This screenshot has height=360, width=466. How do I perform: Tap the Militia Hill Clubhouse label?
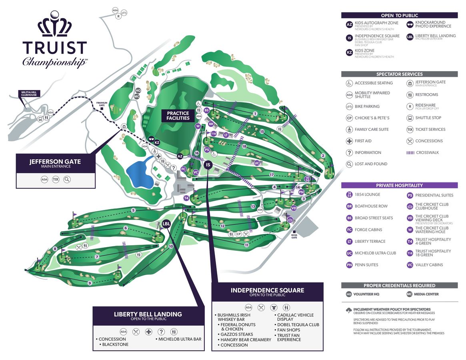(x=29, y=94)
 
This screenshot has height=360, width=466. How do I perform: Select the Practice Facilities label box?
(x=178, y=116)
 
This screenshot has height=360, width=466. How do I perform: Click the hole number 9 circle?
(x=90, y=283)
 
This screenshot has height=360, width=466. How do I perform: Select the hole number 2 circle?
(x=323, y=156)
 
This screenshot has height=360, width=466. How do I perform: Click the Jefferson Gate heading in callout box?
(x=55, y=162)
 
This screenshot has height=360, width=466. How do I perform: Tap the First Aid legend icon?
(x=349, y=141)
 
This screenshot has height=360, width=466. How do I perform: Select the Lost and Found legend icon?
(x=349, y=164)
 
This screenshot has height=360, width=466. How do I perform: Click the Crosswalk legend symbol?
(x=410, y=153)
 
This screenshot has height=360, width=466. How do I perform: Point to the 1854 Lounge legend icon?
(x=349, y=195)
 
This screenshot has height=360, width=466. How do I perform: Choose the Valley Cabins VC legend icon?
(x=410, y=265)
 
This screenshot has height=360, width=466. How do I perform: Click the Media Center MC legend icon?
(x=410, y=294)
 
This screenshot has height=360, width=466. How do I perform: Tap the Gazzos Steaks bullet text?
(x=237, y=334)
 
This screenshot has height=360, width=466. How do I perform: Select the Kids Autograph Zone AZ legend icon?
(x=349, y=25)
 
